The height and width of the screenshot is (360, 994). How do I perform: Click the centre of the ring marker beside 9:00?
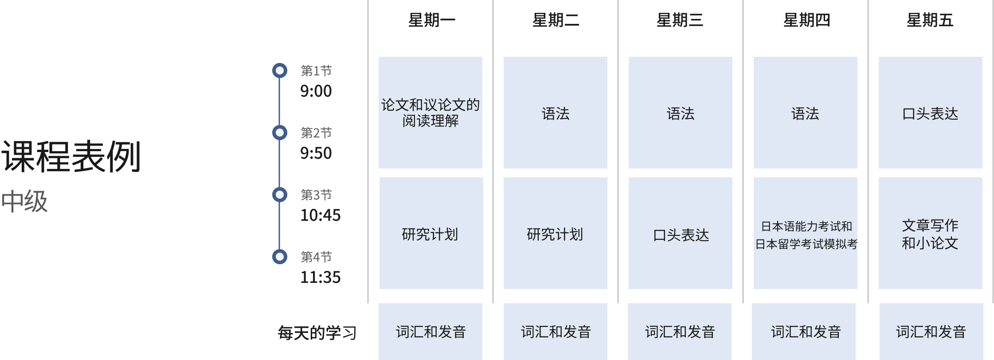(x=280, y=70)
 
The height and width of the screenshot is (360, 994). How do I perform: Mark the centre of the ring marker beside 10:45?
(x=280, y=195)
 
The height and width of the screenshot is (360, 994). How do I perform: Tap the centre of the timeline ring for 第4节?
(x=280, y=257)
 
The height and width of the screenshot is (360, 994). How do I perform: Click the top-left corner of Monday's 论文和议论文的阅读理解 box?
(x=379, y=57)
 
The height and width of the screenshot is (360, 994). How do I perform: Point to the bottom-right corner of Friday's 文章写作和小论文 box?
(x=982, y=289)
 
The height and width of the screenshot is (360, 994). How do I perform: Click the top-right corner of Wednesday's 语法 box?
(x=732, y=57)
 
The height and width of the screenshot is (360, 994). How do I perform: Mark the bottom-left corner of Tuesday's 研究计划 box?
(x=504, y=289)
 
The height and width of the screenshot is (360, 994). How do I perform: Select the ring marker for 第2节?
(x=280, y=133)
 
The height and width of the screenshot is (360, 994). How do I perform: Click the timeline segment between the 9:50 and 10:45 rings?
(x=279, y=164)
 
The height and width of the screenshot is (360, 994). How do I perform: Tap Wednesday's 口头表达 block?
(x=681, y=233)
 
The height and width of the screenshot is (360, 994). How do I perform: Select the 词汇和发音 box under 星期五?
(x=931, y=332)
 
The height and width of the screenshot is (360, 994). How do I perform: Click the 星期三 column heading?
(x=680, y=20)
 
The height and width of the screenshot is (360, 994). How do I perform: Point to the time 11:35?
(x=321, y=278)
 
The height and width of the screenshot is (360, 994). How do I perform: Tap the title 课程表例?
(x=71, y=157)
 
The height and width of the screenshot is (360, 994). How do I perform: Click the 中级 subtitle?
(x=24, y=201)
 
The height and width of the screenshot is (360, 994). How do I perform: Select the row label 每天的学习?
(x=317, y=333)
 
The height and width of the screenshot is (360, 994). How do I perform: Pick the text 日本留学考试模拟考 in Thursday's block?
(x=806, y=244)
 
